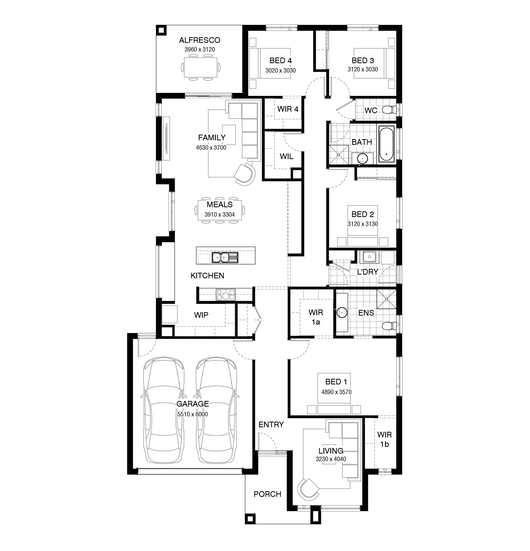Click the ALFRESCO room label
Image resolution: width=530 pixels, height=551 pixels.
point(200,40)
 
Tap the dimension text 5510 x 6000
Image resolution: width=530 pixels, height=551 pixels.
point(192,414)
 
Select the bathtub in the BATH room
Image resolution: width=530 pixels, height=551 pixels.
point(386,144)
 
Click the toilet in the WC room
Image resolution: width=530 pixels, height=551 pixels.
point(388,110)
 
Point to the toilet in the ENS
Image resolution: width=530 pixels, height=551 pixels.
point(388,326)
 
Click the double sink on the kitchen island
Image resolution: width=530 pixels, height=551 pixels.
point(225,257)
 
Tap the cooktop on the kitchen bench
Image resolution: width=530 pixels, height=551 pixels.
point(225,294)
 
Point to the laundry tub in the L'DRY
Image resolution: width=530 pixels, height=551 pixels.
point(369,257)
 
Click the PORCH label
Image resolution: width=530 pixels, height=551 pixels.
point(267,494)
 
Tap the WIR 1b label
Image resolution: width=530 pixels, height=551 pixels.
point(384,439)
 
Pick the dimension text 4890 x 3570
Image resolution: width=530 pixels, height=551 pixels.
point(336,392)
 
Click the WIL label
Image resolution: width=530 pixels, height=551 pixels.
point(287,156)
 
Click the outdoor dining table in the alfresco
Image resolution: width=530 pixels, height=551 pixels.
point(200,67)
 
